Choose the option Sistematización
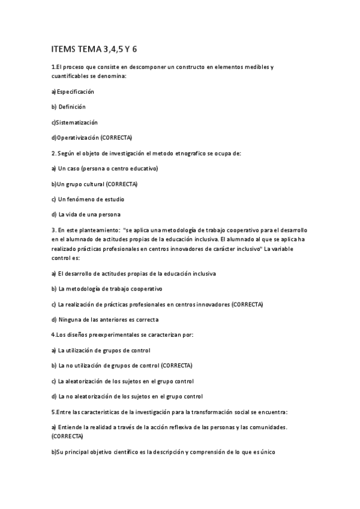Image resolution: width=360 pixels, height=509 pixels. pos(74,122)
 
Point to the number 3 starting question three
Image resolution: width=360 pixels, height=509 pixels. pos(53,230)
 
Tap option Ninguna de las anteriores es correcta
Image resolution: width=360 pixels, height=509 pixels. pos(113,319)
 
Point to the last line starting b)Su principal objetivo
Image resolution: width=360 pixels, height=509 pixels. pos(163,451)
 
